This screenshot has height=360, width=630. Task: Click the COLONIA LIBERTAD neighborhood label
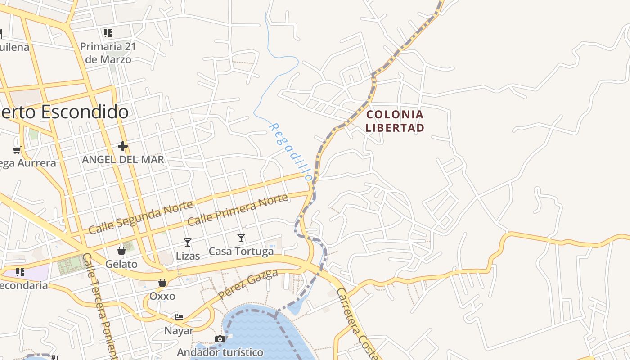point(395,121)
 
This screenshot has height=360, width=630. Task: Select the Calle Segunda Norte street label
point(141,217)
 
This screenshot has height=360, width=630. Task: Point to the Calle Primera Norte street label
point(237,210)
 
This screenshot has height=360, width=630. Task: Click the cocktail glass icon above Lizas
point(188,243)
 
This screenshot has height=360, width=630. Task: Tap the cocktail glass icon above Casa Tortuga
point(241,238)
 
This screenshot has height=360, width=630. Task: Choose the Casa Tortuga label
point(241,251)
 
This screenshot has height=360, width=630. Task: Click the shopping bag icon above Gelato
point(121,250)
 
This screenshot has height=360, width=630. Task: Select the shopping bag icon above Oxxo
point(162,283)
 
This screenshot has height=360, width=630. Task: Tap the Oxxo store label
point(162,296)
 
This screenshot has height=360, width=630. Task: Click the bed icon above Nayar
point(179,317)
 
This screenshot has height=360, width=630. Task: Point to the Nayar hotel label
point(179,331)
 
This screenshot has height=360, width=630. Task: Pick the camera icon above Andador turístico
point(220,339)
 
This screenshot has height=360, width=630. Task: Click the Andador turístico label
point(220,352)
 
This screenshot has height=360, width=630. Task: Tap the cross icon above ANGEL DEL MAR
point(123,146)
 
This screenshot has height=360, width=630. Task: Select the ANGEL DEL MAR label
point(123,160)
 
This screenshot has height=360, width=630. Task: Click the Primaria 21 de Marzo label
point(108,53)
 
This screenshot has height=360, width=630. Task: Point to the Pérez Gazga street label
point(248,285)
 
